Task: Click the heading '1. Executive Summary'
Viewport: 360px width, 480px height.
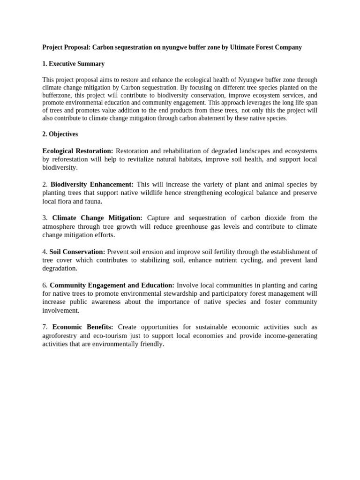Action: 73,64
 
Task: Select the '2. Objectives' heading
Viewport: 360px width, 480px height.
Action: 60,134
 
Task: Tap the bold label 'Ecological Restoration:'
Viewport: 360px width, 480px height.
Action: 78,151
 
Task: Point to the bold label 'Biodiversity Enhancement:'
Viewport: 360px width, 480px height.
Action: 92,185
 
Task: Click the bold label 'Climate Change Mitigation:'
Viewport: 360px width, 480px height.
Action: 97,218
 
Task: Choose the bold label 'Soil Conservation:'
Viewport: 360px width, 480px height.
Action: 77,252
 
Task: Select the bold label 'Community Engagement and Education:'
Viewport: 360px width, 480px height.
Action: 112,285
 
